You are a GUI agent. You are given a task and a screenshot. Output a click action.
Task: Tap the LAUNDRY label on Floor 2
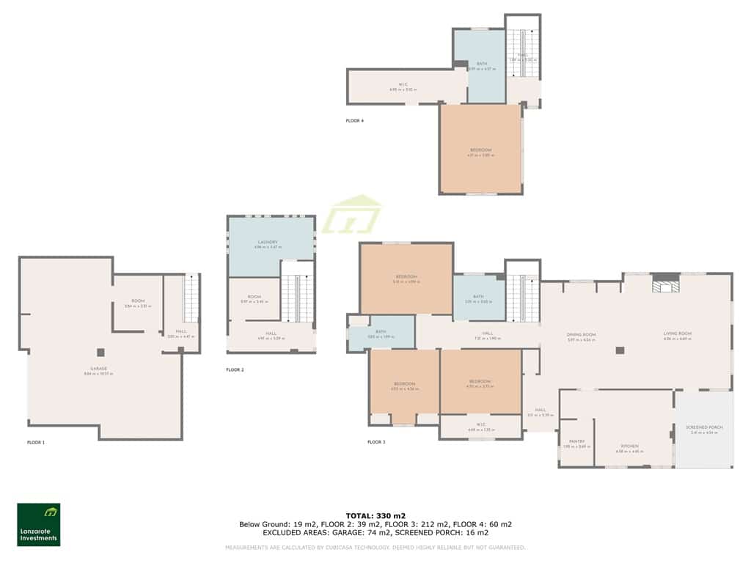[267, 243]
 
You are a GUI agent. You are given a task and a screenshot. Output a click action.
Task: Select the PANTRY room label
[576, 441]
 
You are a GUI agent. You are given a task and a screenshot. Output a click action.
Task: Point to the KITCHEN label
[629, 446]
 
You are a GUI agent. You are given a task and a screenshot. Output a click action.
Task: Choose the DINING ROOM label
[581, 335]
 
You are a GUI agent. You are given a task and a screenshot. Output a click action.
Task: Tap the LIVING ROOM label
[678, 335]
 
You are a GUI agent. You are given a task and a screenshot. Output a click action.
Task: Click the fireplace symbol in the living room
[666, 284]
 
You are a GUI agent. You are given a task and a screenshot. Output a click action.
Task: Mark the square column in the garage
[100, 352]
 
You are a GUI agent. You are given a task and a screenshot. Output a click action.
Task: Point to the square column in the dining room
[620, 350]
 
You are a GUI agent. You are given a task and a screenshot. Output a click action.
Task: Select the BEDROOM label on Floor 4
[480, 150]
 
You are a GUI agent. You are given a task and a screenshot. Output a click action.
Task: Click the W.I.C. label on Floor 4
[403, 85]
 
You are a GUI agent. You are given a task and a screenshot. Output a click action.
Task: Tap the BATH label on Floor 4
[482, 65]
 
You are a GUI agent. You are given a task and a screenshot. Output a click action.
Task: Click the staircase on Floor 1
[191, 299]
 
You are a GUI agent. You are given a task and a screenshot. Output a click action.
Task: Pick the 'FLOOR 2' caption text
[235, 370]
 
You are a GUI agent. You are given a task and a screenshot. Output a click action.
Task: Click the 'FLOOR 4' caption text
[354, 120]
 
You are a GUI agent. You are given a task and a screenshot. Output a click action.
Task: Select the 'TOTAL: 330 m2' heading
[375, 516]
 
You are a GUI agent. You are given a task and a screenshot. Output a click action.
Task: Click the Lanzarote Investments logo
[39, 524]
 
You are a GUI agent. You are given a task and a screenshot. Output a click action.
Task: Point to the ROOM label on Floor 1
[137, 301]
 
